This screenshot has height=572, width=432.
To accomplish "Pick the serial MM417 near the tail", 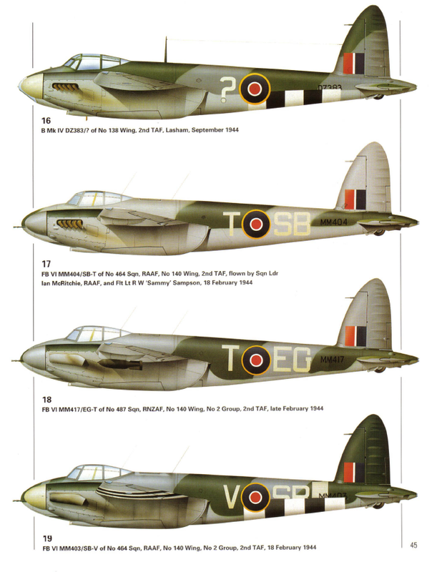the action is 335,359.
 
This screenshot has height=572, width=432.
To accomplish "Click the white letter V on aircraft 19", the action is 230,495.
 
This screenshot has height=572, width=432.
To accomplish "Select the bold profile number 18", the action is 26,398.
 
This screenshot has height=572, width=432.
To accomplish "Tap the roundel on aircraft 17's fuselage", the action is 255,225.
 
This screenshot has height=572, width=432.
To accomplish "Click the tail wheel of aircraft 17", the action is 378,232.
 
